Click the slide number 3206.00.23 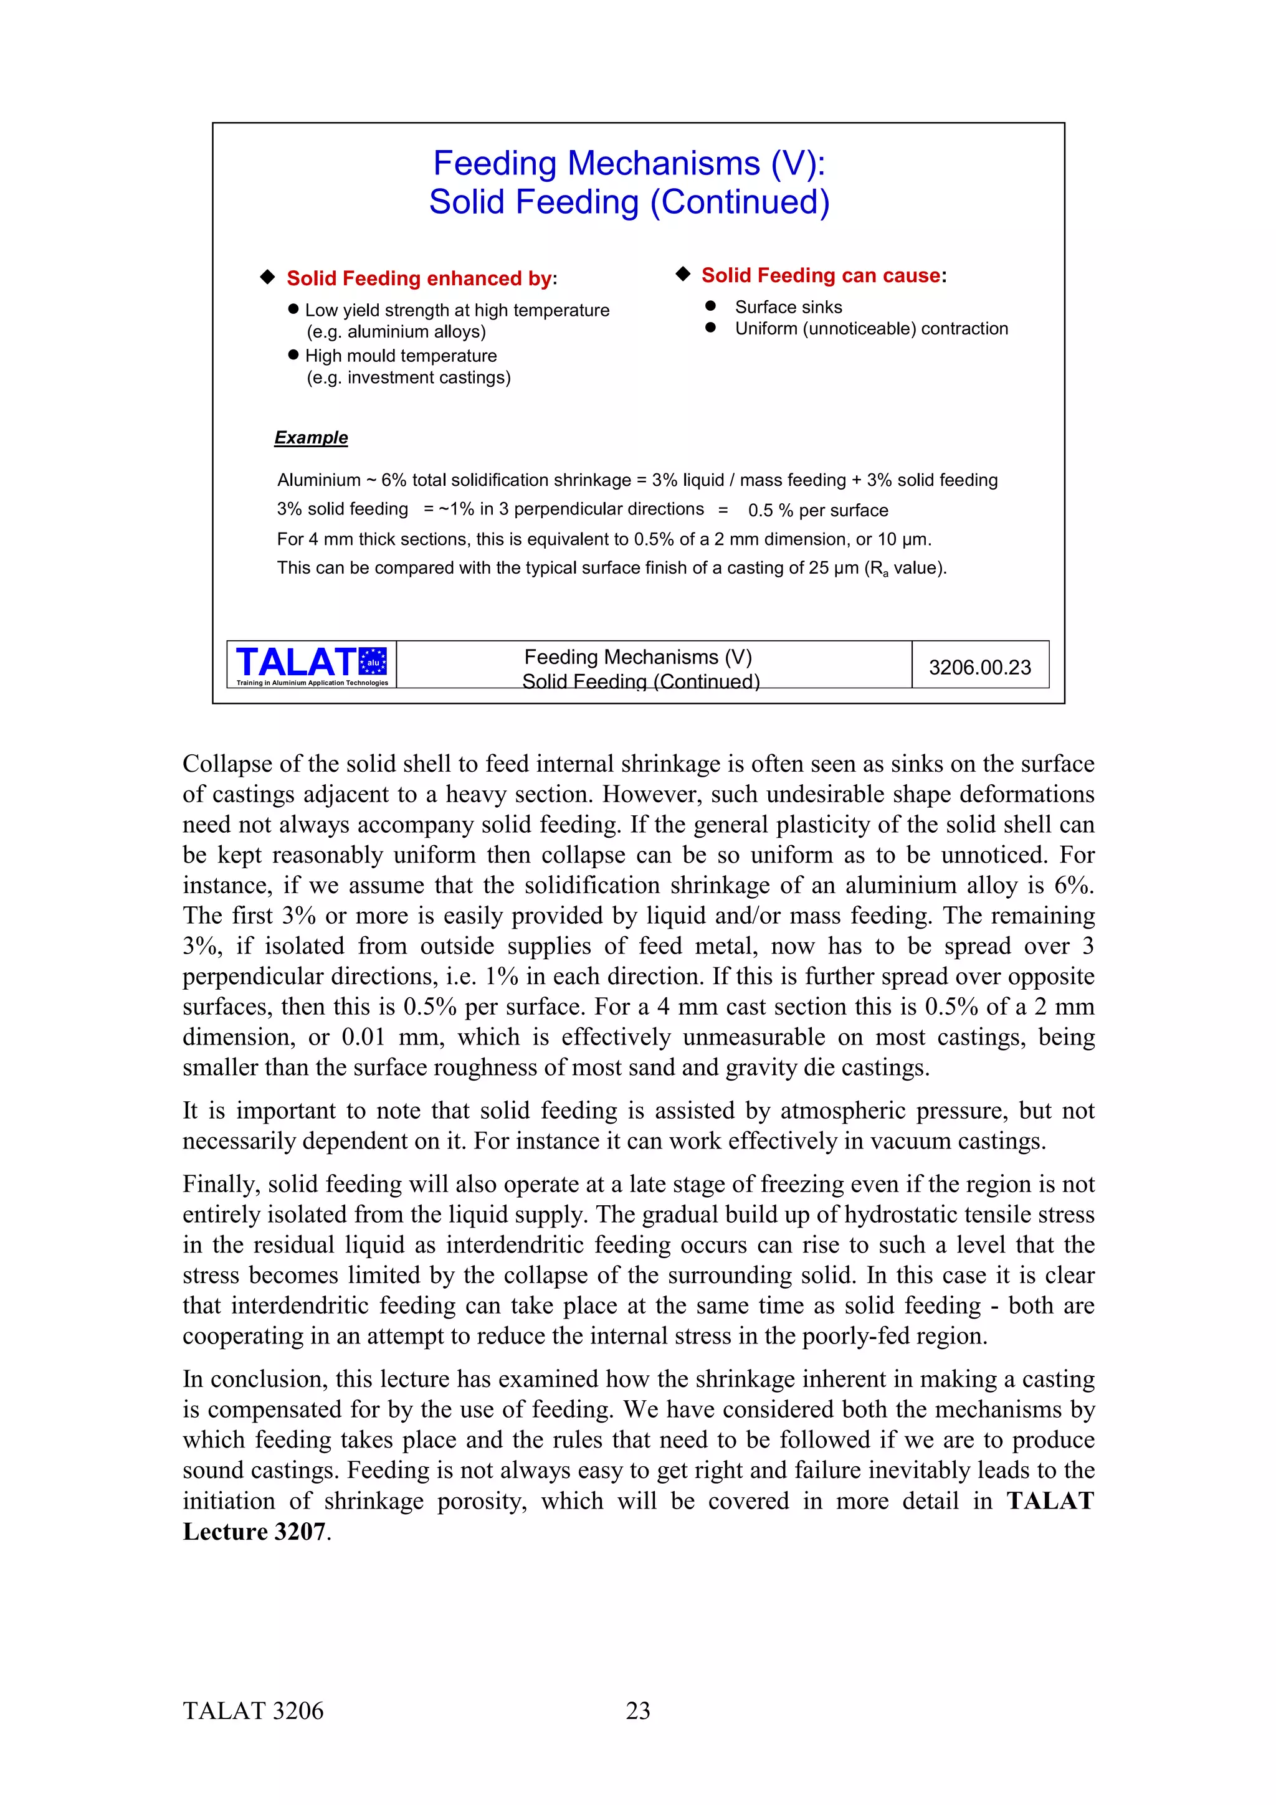coord(979,668)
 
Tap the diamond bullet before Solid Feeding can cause coord(682,273)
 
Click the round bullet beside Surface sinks coord(711,306)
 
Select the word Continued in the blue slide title coord(741,202)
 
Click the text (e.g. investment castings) coord(408,377)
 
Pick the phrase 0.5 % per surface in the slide coord(817,510)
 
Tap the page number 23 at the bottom coord(637,1710)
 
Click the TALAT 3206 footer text coord(253,1710)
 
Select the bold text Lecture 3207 coord(254,1532)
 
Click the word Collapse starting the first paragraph coord(227,764)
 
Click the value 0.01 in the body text coord(363,1038)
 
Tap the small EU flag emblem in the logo coord(373,661)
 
